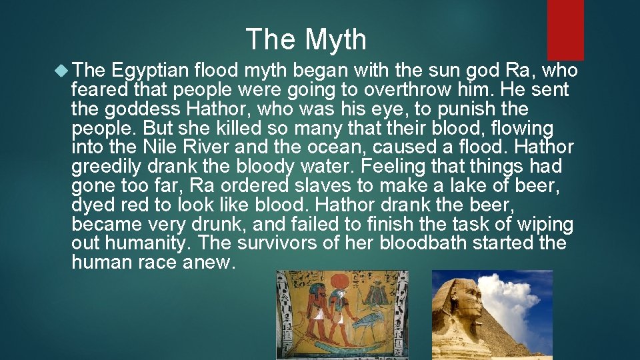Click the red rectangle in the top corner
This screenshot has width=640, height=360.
point(565,29)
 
